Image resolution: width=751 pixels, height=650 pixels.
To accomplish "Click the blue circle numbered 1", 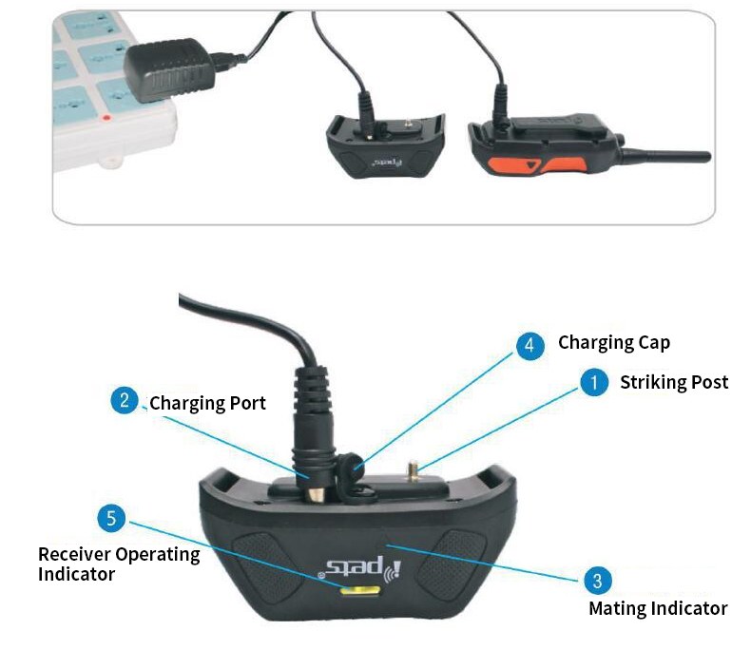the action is pos(594,382).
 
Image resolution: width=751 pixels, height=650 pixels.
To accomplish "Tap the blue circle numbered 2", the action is pos(125,400).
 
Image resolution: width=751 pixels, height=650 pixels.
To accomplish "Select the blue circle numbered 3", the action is pos(598,581).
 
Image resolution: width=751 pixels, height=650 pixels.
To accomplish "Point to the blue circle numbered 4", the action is pos(530,345).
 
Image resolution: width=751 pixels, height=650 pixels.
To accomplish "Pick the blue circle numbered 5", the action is pos(111,518).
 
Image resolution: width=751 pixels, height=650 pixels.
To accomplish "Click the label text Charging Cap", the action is pos(614,343).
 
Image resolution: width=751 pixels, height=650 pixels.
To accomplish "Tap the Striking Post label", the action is pos(674,382).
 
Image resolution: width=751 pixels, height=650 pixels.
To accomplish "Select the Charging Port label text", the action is pos(207,404).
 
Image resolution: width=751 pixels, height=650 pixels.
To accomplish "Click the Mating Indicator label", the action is pos(658,608).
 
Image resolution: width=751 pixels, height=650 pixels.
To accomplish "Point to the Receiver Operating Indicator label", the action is pos(119,564).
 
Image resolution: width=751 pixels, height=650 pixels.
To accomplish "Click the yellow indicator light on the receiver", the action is pos(360,591).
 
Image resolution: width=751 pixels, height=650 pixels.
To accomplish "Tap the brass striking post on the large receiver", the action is pos(413,471).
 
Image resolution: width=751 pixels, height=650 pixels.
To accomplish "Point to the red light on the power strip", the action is pos(106,117).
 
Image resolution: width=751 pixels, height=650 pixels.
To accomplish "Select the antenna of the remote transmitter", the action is pos(665,156).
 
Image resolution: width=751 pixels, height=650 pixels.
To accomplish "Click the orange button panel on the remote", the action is pos(536,165).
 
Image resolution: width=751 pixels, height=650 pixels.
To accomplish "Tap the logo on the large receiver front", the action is pos(360,568).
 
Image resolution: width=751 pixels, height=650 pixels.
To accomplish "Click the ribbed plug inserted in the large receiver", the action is pos(313,430).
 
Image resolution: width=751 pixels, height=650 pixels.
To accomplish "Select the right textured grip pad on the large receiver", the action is pos(452,564).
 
